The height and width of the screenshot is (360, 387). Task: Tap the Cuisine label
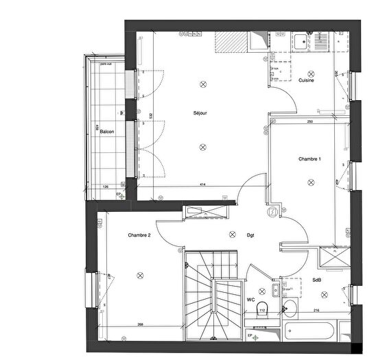pos(306,81)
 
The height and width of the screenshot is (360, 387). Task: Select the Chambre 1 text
pos(309,158)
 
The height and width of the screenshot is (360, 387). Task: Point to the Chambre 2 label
pos(139,235)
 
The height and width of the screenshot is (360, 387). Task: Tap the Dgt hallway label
pos(250,235)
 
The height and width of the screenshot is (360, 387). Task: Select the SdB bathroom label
pos(317,280)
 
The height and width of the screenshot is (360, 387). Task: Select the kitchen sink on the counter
pos(302,42)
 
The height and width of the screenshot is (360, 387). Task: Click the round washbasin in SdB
pos(289,307)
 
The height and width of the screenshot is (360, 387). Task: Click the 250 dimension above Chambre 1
pos(310,122)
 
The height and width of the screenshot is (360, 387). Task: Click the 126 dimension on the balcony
pos(105,186)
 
